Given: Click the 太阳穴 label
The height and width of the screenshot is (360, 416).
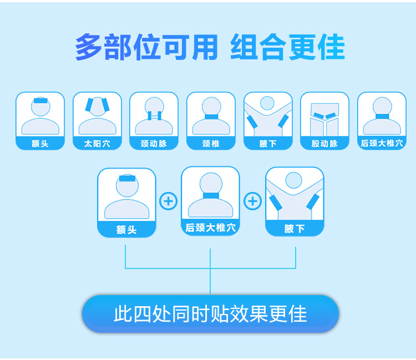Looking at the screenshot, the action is point(97,144).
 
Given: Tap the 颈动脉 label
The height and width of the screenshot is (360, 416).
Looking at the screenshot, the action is point(154,144).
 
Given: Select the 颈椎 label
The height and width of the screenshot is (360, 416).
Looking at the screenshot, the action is point(211,144).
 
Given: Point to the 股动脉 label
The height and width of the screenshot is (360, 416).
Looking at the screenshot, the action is point(324,144).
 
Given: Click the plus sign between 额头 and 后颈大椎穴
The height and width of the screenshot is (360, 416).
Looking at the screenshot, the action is point(169,200).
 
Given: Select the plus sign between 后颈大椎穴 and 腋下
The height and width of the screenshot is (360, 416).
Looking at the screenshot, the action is point(253,200).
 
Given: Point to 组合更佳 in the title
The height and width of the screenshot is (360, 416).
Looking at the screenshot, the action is point(287,48).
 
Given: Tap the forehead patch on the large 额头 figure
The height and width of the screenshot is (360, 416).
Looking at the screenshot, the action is point(127,179).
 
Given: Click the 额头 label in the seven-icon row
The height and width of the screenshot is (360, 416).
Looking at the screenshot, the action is point(40,144).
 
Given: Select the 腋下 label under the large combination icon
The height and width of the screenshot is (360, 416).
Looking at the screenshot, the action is point(295,229).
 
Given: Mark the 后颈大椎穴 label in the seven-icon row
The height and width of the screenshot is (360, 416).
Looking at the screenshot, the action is point(382,144).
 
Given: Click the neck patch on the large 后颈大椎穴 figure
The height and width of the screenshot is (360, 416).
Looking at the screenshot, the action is point(211,196).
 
